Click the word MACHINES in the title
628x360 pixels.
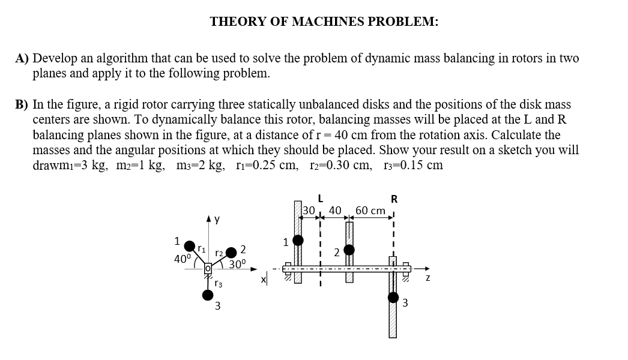point(325,22)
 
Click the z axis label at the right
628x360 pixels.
point(427,280)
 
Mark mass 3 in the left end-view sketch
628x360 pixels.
point(208,295)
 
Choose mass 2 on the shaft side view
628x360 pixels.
point(349,249)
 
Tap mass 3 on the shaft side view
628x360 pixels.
point(393,298)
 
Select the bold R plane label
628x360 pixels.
point(394,199)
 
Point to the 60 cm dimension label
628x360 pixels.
point(370,211)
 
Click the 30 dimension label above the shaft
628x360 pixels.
point(309,211)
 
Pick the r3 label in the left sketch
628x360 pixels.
point(219,283)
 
